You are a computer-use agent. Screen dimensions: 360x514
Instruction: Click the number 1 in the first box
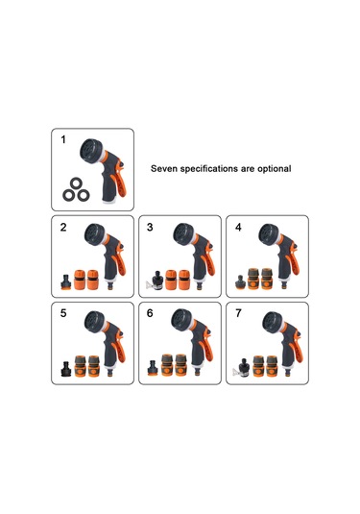click(x=63, y=139)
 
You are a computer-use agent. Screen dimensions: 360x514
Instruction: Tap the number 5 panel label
click(x=63, y=313)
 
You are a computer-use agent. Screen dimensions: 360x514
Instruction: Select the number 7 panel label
click(x=238, y=313)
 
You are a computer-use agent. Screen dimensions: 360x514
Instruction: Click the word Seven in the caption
click(x=164, y=168)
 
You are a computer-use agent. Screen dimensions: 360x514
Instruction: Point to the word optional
click(x=275, y=168)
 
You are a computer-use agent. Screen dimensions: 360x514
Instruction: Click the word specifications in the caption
click(x=209, y=169)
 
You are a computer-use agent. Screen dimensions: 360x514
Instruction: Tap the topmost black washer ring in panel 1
click(x=76, y=183)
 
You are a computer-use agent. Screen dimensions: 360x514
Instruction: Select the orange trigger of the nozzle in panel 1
click(x=119, y=183)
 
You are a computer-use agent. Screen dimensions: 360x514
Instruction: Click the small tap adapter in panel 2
click(x=66, y=282)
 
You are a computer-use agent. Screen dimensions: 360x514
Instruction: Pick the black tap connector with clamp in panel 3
click(x=156, y=281)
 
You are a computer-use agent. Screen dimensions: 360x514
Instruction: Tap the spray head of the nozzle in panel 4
click(x=269, y=235)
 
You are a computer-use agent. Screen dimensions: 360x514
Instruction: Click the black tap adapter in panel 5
click(x=66, y=369)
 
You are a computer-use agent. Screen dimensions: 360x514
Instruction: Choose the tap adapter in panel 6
click(x=153, y=368)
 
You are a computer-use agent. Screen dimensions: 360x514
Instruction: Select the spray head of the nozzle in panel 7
click(x=273, y=323)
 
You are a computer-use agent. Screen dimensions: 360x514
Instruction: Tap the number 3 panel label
click(x=150, y=227)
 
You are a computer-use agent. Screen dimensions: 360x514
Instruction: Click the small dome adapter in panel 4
click(x=240, y=282)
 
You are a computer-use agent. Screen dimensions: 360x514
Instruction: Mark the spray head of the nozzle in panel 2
click(x=95, y=235)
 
